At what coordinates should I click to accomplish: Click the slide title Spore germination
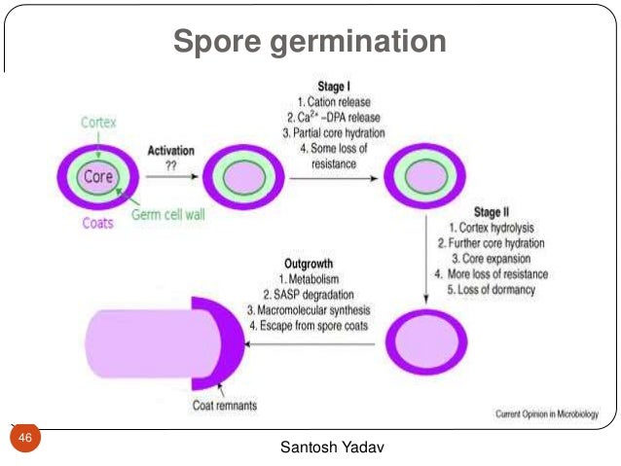[310, 42]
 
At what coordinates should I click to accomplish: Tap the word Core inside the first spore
[98, 177]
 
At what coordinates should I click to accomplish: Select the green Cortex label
[97, 124]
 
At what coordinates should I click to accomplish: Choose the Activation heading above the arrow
[170, 152]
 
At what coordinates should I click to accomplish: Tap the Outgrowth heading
[310, 263]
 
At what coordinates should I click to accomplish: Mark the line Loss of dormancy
[492, 290]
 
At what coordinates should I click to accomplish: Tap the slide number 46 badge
[25, 440]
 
